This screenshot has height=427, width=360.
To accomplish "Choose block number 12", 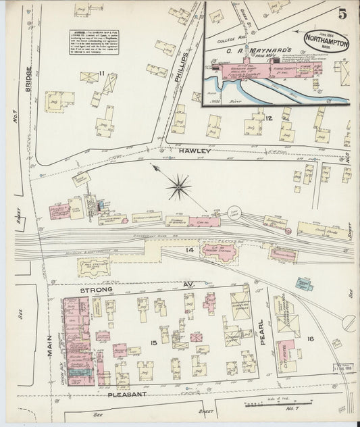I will (x=269, y=119).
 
